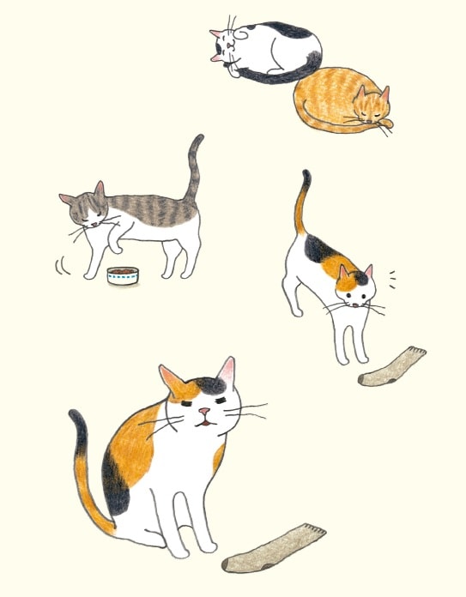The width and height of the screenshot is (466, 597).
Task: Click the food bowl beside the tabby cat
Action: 123,275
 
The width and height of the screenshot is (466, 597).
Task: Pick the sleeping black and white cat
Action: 266,51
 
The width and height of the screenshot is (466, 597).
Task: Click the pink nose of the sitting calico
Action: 203,412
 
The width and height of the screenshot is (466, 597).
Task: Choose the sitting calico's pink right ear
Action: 227,371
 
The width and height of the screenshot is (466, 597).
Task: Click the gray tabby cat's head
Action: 83,210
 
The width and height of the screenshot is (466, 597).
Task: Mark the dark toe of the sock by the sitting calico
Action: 236,564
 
